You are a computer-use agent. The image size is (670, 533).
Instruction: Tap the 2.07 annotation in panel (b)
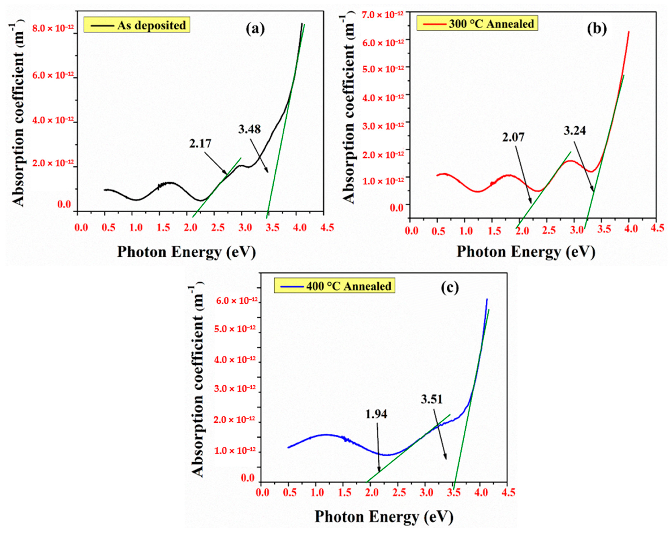[513, 137]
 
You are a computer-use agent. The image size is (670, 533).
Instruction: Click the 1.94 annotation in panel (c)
[376, 414]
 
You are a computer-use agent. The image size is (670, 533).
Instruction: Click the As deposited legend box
[137, 25]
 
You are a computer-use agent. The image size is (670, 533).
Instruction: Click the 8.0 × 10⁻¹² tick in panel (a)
[53, 28]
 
